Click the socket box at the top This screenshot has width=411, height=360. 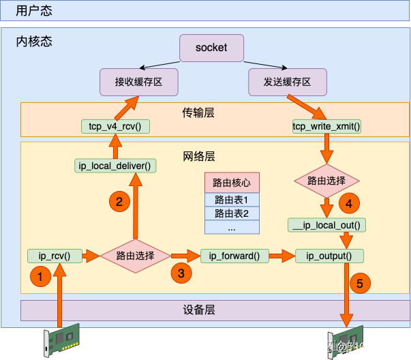(211, 48)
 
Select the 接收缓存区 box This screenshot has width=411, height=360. (139, 82)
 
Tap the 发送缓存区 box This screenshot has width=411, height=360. (287, 82)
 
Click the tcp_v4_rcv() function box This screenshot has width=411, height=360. (115, 125)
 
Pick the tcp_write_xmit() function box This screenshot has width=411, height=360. (326, 125)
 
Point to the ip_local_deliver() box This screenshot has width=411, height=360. (115, 165)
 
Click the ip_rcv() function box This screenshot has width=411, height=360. (55, 256)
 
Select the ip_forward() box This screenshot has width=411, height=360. (234, 256)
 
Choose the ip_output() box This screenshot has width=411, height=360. (329, 256)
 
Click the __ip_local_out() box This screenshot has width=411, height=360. (326, 224)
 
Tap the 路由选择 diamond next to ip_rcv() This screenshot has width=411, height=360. (134, 256)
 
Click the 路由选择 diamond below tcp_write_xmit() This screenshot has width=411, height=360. (326, 181)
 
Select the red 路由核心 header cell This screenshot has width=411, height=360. (231, 183)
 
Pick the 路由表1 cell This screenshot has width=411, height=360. (231, 200)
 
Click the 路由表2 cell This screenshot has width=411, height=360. (231, 213)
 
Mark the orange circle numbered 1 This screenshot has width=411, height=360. (40, 277)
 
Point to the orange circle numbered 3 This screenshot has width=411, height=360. (181, 273)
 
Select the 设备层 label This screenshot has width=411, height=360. (199, 310)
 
